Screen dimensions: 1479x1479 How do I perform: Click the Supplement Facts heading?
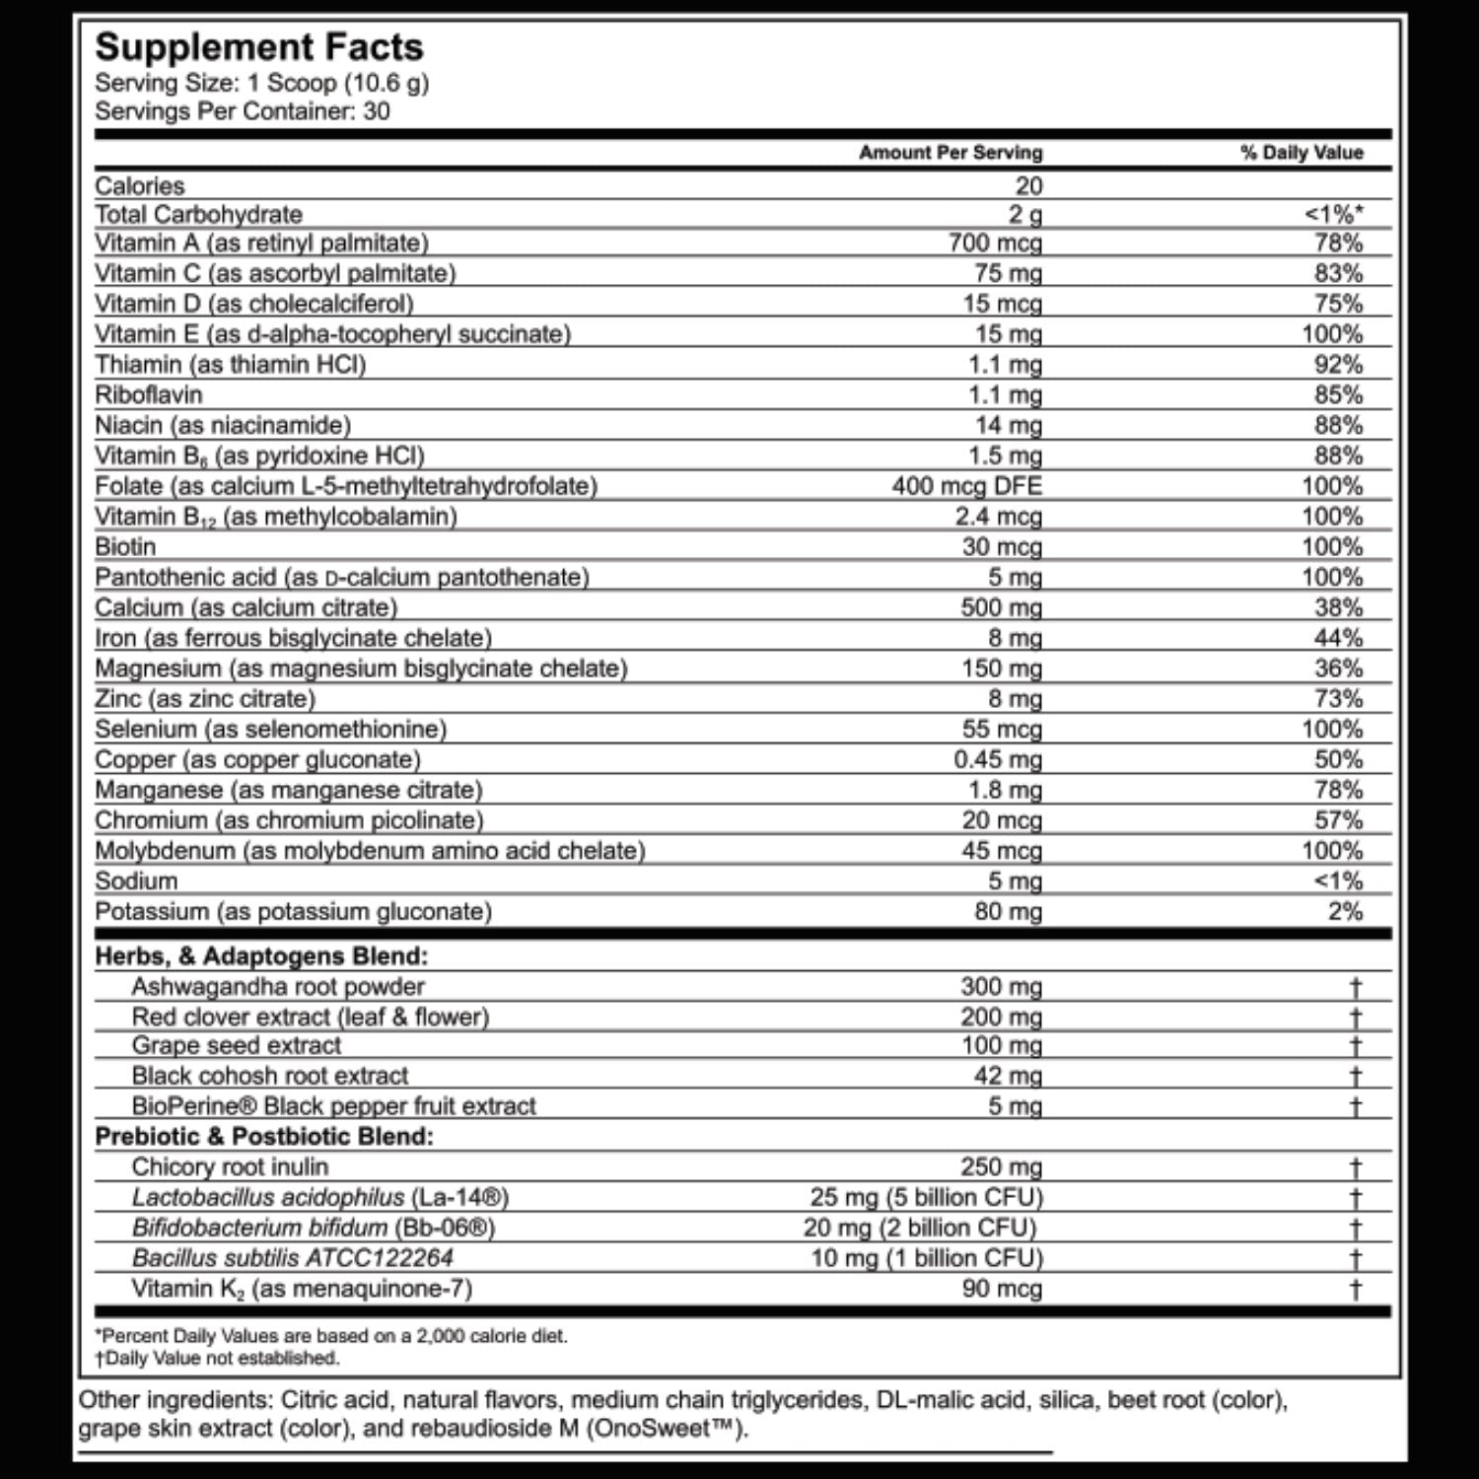(259, 47)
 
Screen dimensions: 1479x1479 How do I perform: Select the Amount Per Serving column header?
(951, 153)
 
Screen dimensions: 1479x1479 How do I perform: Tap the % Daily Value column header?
(1302, 153)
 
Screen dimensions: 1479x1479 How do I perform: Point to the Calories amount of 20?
(1028, 185)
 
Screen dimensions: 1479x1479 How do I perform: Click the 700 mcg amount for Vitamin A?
(995, 243)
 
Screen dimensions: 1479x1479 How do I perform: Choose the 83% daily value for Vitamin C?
(1338, 273)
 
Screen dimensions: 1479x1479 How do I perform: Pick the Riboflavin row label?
(149, 394)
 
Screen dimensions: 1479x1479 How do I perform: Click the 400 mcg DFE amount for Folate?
(966, 486)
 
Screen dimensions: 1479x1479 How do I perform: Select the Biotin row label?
(125, 546)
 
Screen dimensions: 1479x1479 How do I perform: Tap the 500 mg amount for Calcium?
(1001, 607)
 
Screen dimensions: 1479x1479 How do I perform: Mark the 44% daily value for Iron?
(1338, 638)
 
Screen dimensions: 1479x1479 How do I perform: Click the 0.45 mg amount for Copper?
(998, 759)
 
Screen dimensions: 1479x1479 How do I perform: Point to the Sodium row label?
(136, 880)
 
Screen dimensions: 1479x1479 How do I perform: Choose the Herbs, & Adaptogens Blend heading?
(261, 955)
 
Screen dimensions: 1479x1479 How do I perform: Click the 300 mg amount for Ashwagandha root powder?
(1001, 986)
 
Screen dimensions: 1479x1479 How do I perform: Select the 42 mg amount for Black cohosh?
(1008, 1076)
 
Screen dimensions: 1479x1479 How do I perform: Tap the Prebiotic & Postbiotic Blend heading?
(264, 1136)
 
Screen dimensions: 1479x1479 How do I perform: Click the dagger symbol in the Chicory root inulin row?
(1356, 1167)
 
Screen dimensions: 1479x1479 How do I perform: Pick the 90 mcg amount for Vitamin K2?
(1002, 1289)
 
